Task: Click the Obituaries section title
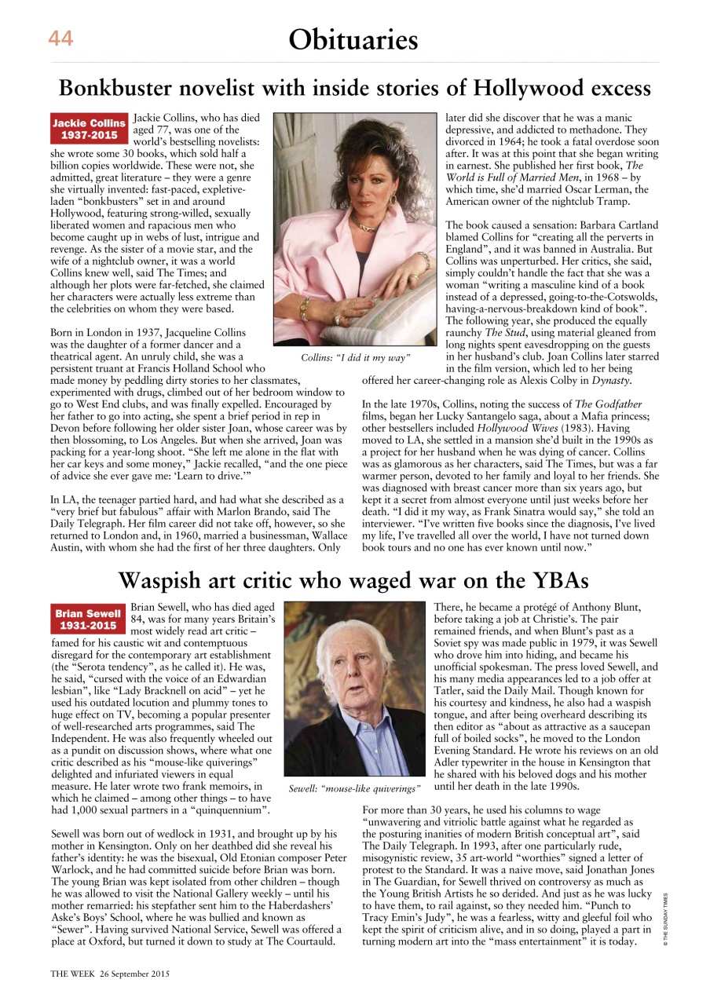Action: point(353,38)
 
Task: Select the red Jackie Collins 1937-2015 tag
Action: point(89,129)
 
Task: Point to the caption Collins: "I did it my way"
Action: point(356,358)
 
